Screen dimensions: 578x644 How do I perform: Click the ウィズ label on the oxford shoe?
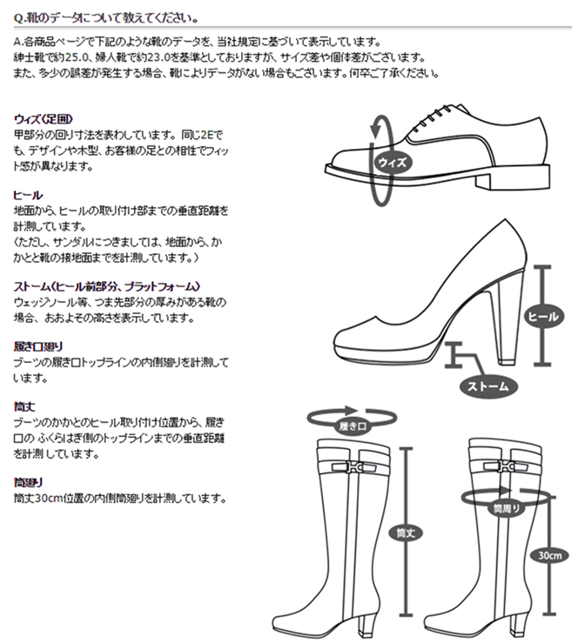393,162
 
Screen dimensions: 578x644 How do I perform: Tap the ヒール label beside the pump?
543,316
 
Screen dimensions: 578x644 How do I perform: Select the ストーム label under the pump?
487,386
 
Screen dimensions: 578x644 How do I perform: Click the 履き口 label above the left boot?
353,426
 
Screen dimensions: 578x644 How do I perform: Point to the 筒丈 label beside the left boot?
406,533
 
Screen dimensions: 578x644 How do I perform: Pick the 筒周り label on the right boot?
506,509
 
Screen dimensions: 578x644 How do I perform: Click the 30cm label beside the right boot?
549,555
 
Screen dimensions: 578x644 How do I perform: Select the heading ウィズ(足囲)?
44,119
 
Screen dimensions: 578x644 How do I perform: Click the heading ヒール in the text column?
28,195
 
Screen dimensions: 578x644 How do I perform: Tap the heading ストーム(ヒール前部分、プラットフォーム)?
107,286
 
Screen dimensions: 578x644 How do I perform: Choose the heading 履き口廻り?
38,346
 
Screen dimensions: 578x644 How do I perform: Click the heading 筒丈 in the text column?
24,406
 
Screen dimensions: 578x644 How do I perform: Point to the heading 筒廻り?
29,482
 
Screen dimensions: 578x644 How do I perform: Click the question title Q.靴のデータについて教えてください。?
106,18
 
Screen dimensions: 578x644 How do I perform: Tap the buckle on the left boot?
353,467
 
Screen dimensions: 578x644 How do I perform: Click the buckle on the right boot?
505,466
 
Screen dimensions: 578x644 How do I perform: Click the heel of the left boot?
366,621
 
